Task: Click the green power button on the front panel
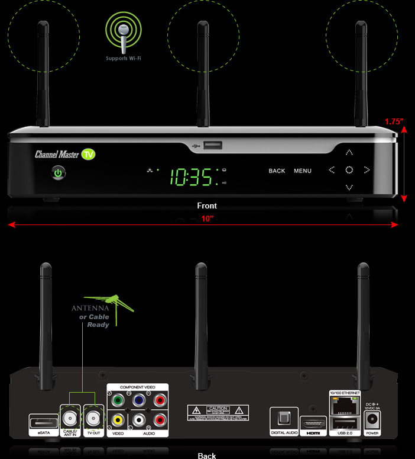[58, 174]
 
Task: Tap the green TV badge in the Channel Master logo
[89, 155]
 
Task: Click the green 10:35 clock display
[192, 175]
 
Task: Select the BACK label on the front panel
[277, 171]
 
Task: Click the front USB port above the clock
[212, 145]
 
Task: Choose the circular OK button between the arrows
[349, 170]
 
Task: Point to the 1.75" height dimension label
[394, 121]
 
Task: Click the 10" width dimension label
[207, 219]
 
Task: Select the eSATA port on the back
[43, 423]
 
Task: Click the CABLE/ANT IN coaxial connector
[70, 418]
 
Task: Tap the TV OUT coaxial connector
[93, 418]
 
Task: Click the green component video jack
[118, 400]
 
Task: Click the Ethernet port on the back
[341, 406]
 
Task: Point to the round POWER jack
[373, 421]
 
